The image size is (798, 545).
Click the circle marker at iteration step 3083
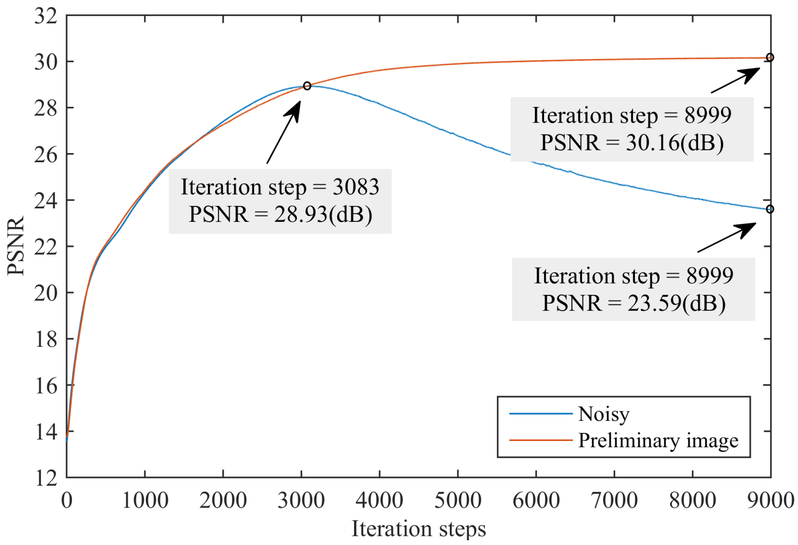pyautogui.click(x=307, y=86)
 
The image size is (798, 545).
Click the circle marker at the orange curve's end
pyautogui.click(x=770, y=57)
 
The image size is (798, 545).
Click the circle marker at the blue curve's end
pyautogui.click(x=770, y=209)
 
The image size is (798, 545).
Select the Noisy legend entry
pyautogui.click(x=603, y=414)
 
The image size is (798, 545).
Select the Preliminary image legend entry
pyautogui.click(x=658, y=441)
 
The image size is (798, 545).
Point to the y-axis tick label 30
pyautogui.click(x=46, y=62)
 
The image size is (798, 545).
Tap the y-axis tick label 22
pyautogui.click(x=46, y=247)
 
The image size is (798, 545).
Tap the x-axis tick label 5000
pyautogui.click(x=457, y=500)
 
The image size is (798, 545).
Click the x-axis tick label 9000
pyautogui.click(x=770, y=500)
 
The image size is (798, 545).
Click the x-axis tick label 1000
pyautogui.click(x=145, y=500)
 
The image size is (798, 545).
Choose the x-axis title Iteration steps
pyautogui.click(x=419, y=529)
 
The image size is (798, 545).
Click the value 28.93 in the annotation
pyautogui.click(x=301, y=214)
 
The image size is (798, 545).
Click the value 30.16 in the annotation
pyautogui.click(x=652, y=142)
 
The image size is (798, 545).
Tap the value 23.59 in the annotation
pyautogui.click(x=654, y=303)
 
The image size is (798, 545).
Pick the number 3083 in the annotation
pyautogui.click(x=356, y=187)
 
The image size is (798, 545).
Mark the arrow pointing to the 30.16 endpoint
pyautogui.click(x=735, y=80)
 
